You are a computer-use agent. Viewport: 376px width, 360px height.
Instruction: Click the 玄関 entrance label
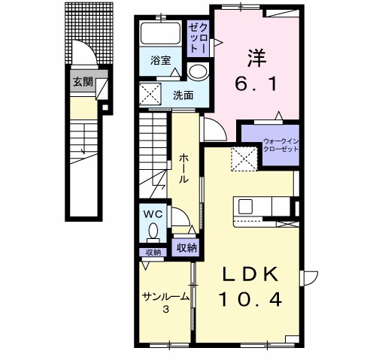click(83, 82)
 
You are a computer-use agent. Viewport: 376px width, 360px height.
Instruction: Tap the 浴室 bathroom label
click(161, 60)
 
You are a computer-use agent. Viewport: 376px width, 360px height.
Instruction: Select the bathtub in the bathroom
click(161, 34)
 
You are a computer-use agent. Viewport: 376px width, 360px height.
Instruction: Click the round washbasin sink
click(198, 71)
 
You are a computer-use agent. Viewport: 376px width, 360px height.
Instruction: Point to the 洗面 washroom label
click(183, 95)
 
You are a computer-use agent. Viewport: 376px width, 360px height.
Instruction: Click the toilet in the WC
click(153, 232)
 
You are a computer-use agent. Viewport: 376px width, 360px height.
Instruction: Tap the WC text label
click(153, 214)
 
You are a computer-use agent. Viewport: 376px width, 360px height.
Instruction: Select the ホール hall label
click(183, 168)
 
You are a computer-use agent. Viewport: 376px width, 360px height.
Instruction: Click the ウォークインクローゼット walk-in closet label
click(280, 145)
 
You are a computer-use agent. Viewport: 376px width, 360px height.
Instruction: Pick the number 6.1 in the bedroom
click(256, 84)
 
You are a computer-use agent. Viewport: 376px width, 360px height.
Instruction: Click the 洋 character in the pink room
click(256, 59)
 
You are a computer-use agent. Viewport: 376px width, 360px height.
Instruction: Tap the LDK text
click(251, 274)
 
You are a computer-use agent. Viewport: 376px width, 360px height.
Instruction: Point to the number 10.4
click(251, 300)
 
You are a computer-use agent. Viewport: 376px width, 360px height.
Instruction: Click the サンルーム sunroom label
click(165, 297)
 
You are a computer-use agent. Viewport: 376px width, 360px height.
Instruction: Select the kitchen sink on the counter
click(245, 207)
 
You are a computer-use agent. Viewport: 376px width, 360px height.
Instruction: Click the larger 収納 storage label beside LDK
click(186, 248)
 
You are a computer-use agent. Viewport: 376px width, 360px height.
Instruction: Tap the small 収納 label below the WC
click(153, 253)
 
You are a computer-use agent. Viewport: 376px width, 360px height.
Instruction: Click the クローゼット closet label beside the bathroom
click(199, 39)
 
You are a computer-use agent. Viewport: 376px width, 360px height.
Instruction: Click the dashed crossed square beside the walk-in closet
click(244, 159)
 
